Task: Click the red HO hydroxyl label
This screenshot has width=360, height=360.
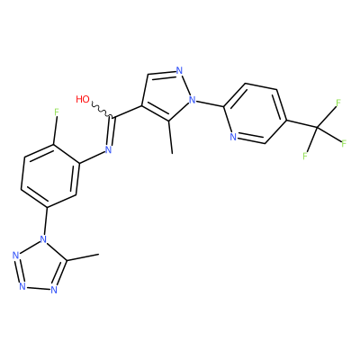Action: point(83,99)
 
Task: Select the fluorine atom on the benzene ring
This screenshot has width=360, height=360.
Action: point(57,112)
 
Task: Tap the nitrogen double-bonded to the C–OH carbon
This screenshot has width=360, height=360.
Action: point(108,149)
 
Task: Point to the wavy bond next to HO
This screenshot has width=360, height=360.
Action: point(102,111)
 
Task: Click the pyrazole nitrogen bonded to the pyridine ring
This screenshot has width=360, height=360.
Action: point(193,100)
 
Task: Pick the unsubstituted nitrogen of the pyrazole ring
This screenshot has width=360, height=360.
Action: point(179,71)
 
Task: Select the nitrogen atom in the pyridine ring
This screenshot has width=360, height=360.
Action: point(233,137)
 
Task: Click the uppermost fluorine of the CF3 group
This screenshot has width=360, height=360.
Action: point(338,103)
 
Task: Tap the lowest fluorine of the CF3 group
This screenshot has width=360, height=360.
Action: point(305,156)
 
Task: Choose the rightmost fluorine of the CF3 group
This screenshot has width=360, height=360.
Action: point(344,143)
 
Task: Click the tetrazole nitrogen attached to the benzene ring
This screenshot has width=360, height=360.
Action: point(44,239)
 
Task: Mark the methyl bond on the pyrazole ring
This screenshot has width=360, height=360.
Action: point(170,137)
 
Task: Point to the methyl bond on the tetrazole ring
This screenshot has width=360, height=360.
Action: point(82,257)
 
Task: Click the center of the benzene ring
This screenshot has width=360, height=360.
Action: point(50,175)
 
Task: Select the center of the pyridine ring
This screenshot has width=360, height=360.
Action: point(255,113)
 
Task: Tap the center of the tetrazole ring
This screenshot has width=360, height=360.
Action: point(39,267)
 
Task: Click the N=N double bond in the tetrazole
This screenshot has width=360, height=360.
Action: point(18,271)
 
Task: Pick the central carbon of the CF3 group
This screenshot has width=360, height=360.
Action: point(317,129)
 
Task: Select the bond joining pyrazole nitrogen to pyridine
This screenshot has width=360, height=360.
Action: point(210,103)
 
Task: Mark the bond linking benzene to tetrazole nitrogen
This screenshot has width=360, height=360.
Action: point(46,221)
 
